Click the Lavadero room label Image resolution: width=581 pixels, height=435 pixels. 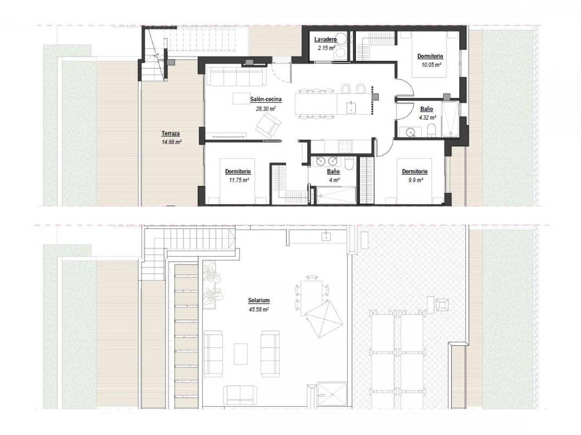(x=325, y=39)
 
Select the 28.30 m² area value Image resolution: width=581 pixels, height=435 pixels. (x=266, y=109)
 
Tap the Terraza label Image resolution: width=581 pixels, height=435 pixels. (x=171, y=133)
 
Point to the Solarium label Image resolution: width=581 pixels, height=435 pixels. (x=259, y=300)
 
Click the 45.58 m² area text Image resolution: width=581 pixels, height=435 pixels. (x=259, y=309)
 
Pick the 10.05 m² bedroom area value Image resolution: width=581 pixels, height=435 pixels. (x=430, y=65)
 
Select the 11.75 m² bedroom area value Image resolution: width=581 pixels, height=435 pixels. (x=238, y=180)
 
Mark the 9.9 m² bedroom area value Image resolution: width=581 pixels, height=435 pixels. (x=414, y=180)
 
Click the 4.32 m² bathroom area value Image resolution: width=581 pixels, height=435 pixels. (x=426, y=117)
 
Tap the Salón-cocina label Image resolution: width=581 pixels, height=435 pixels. (x=266, y=99)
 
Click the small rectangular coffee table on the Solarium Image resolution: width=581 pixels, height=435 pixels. (x=241, y=352)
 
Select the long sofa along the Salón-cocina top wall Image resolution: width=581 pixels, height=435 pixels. (x=236, y=77)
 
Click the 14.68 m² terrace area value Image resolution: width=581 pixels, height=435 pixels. (x=171, y=142)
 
